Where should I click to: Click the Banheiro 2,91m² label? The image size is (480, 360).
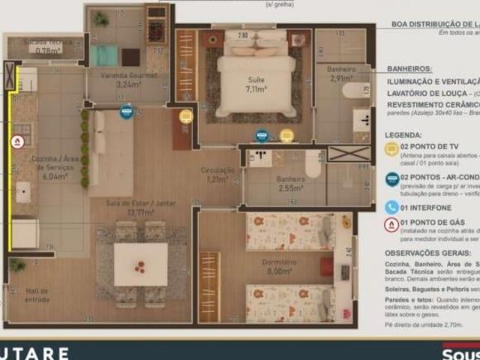[x=341, y=73]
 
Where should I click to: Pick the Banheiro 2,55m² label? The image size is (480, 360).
[x=290, y=183]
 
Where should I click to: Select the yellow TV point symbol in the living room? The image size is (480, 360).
[x=185, y=116]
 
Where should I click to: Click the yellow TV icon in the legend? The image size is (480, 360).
[x=391, y=148]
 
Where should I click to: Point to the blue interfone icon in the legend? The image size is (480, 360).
[x=391, y=207]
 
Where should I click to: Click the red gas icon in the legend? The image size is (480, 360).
[x=391, y=224]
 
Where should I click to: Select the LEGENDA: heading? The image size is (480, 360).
[x=403, y=135]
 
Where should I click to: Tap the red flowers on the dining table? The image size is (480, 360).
[x=140, y=265]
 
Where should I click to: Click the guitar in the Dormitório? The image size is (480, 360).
[x=346, y=222]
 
